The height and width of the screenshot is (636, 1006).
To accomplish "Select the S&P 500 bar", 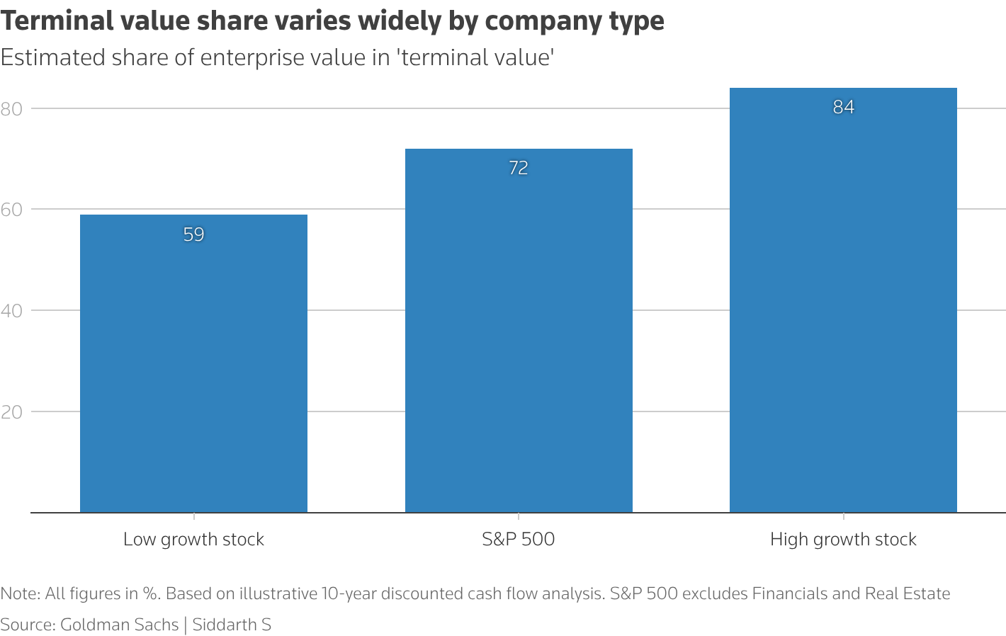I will coord(519,333).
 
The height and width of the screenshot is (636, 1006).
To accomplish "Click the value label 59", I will coord(193,234).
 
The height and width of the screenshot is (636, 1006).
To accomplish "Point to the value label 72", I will coord(519,168).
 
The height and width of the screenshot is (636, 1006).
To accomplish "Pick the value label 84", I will coord(843,107).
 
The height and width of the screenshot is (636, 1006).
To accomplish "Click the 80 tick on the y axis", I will coord(12,108).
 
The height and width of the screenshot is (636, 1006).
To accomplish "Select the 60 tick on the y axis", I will coord(12,210).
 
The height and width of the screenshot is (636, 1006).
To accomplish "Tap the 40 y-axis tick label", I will coord(12,311).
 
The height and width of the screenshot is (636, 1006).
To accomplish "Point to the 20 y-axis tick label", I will coord(12,412).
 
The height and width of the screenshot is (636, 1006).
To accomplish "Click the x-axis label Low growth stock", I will coord(193,540).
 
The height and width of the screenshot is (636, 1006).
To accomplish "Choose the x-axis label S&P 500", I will coord(519,540).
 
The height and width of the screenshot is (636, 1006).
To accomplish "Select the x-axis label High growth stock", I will coord(843,540).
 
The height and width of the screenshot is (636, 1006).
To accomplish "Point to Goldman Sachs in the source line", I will coord(119,625).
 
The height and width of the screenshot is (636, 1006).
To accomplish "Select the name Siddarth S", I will coord(232,625).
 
